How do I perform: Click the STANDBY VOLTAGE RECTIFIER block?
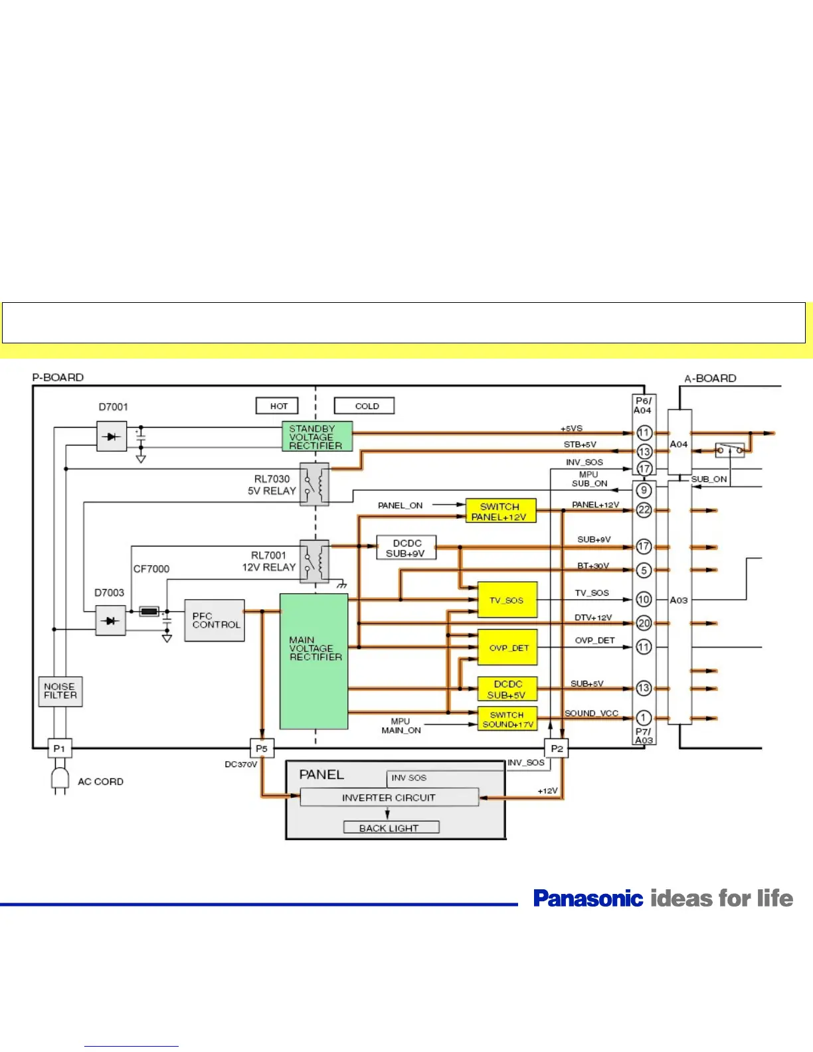point(317,437)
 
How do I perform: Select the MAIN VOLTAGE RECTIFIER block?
point(314,661)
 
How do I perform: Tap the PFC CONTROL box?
point(215,621)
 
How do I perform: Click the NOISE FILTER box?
point(60,691)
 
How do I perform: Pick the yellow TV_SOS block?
point(507,600)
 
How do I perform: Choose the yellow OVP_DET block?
point(507,648)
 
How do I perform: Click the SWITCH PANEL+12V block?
point(500,511)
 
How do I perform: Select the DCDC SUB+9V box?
point(406,548)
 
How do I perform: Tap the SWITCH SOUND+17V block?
point(507,719)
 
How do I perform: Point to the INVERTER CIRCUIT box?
point(389,798)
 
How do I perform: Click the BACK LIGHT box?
point(391,828)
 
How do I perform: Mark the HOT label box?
point(278,406)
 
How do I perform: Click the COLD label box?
point(365,406)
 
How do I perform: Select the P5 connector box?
point(262,748)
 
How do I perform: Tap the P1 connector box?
point(59,748)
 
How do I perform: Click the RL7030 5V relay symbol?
point(314,485)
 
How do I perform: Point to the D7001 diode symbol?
point(112,437)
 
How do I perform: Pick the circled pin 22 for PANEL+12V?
point(644,510)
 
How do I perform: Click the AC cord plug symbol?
point(60,780)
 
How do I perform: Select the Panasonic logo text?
point(588,899)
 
